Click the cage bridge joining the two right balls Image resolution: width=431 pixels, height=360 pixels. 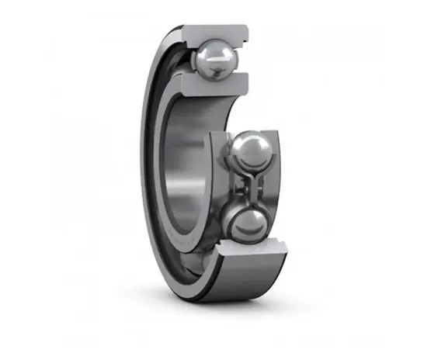[250, 186]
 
